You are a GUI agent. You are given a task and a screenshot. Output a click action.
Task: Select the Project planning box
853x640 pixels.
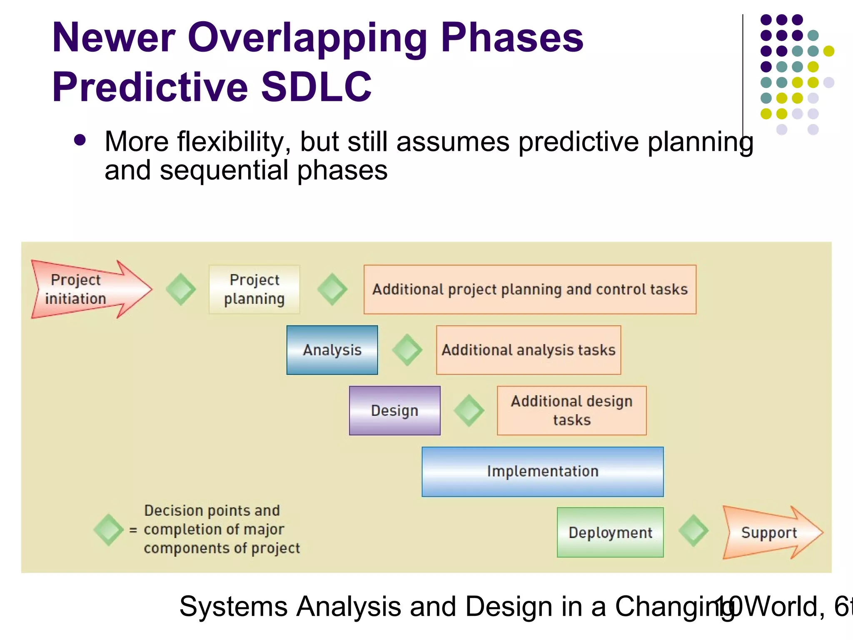[x=254, y=289]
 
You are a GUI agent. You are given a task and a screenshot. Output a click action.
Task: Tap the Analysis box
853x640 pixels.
[x=332, y=350]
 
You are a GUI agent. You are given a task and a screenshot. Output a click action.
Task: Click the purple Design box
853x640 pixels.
[x=394, y=410]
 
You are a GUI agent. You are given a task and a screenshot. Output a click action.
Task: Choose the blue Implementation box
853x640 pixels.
[x=542, y=471]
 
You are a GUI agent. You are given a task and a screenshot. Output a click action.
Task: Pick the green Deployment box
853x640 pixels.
[x=610, y=532]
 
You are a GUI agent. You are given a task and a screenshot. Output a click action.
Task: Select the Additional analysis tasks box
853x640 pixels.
[x=528, y=350]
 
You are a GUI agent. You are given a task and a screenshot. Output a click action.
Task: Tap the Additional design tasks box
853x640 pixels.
[x=571, y=410]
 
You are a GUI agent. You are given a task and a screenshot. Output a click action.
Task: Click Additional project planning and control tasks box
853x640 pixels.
[x=530, y=289]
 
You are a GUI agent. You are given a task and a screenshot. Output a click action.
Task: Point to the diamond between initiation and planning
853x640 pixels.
[x=181, y=289]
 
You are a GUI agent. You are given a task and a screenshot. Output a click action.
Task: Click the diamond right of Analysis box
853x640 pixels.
[x=407, y=350]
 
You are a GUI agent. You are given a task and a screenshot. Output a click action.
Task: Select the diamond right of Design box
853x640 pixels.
[x=469, y=410]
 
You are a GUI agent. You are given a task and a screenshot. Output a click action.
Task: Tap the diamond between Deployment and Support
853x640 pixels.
[x=693, y=531]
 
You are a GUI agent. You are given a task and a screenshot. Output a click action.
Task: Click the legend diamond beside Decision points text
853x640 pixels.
[x=108, y=530]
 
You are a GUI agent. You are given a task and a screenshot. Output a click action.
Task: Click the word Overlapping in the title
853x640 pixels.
[x=307, y=38]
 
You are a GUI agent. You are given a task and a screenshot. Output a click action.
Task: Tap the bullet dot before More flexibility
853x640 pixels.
[x=80, y=140]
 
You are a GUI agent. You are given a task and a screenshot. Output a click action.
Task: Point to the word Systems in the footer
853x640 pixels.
[x=233, y=606]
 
